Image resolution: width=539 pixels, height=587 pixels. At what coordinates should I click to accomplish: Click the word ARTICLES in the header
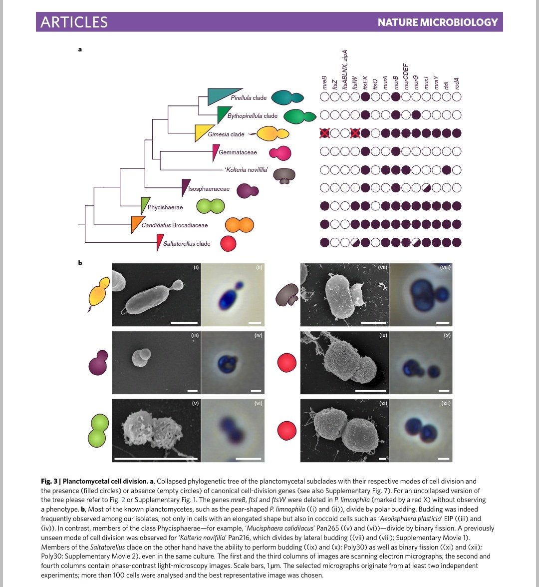coord(74,22)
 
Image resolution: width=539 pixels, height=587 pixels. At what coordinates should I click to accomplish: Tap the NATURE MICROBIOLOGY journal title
coord(438,22)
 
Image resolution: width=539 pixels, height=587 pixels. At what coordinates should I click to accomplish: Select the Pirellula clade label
coord(249,98)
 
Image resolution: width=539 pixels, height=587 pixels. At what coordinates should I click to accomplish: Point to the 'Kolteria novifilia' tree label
coord(247,170)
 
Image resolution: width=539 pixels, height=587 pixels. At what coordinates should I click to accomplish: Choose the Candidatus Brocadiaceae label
coord(174,225)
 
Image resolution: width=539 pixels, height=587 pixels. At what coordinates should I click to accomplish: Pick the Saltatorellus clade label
coord(187,244)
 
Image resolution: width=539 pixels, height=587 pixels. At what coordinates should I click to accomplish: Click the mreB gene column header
coord(324,82)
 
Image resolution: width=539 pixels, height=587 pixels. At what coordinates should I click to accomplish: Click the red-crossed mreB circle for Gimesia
coord(324,133)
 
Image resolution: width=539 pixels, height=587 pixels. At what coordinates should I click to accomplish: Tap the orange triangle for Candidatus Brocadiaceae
coord(135,224)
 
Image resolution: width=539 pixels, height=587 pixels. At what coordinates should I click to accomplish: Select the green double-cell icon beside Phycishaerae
coord(210,206)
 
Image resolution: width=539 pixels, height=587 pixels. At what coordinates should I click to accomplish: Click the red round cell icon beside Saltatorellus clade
coord(229,244)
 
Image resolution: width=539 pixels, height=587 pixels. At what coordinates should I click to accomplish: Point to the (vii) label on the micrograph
coord(383,268)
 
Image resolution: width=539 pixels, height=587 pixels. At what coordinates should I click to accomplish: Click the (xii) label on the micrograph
coord(446,403)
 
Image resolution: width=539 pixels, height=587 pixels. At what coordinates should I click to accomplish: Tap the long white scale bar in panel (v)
coord(156,458)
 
